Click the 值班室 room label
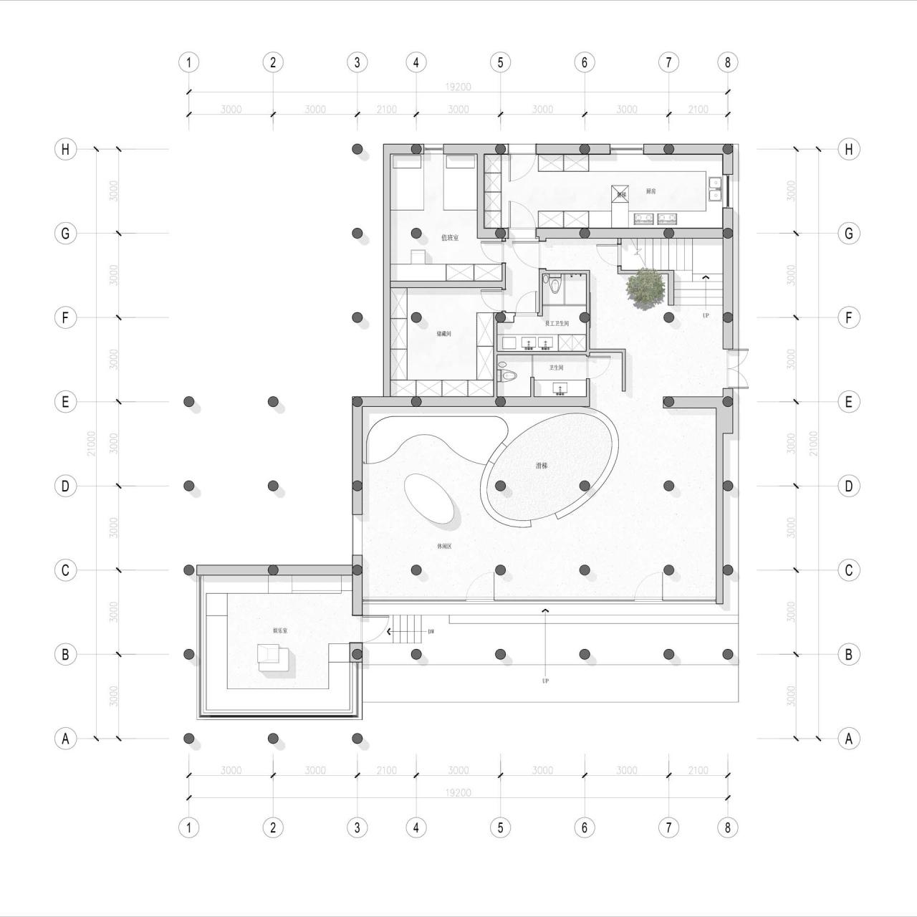click(450, 238)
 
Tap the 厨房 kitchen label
click(650, 191)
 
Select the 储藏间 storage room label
click(444, 334)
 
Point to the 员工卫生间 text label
click(557, 324)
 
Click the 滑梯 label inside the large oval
click(542, 466)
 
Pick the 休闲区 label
click(444, 546)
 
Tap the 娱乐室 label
click(280, 631)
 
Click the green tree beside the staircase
click(645, 288)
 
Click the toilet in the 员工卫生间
click(554, 284)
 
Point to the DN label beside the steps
click(431, 632)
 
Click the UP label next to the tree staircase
click(706, 315)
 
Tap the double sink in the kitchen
click(714, 188)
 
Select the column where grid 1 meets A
click(188, 738)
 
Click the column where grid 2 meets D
click(273, 486)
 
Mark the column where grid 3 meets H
click(357, 149)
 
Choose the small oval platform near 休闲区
click(428, 499)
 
